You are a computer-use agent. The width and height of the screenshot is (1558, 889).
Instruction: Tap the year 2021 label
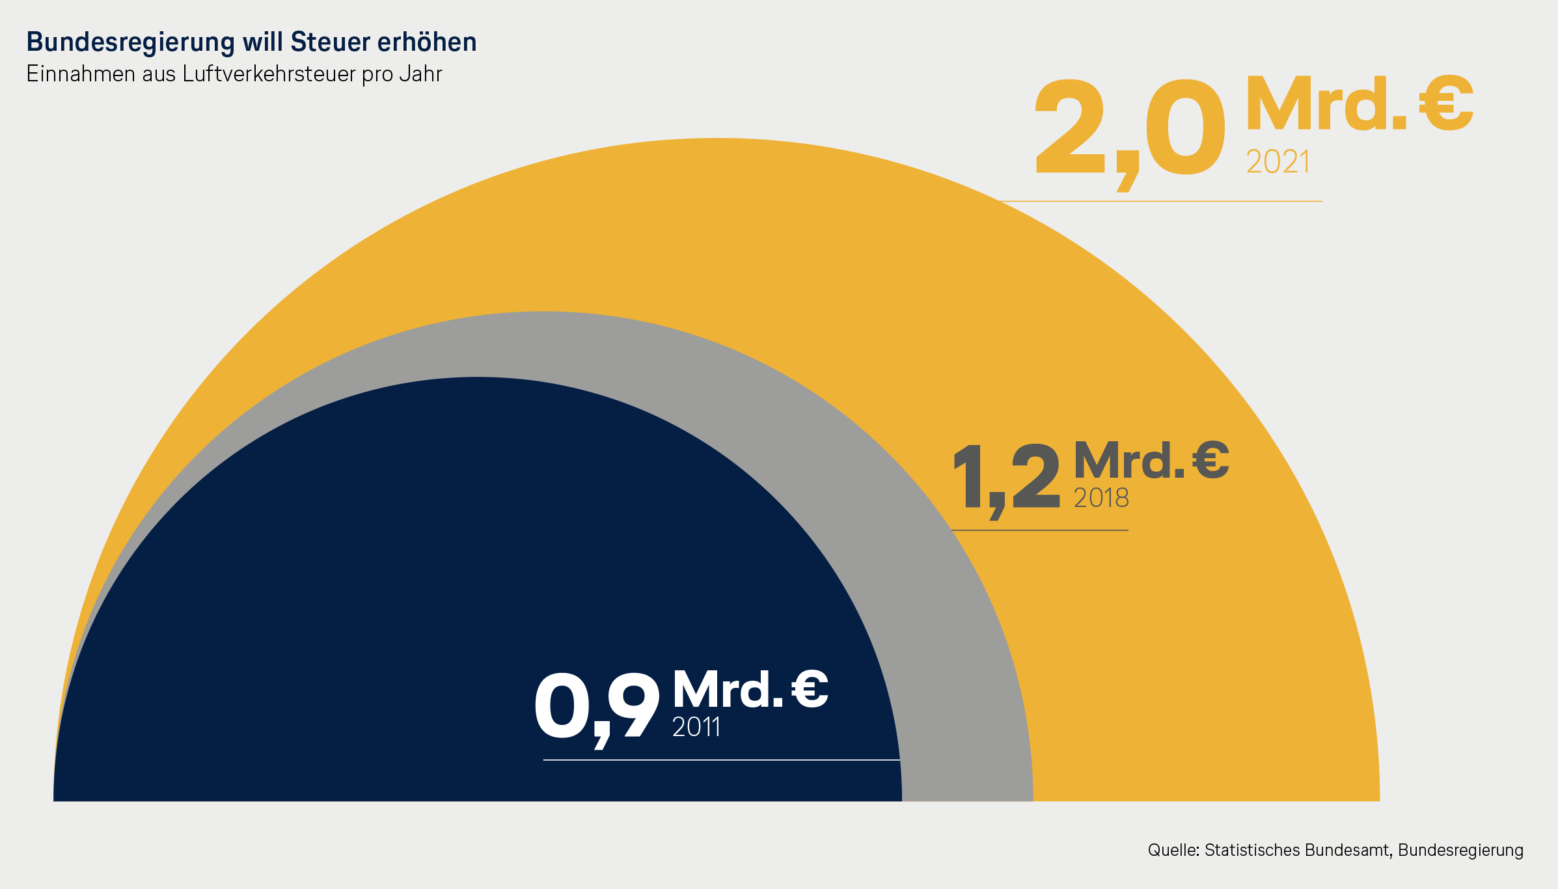tap(1278, 162)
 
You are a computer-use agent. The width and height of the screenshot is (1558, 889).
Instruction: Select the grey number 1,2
tap(1005, 478)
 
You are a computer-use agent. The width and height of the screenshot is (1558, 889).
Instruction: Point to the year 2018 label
tap(1101, 499)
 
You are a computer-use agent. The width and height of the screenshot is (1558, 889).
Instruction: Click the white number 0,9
tap(596, 707)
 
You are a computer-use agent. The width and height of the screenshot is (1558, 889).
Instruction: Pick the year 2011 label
tap(696, 727)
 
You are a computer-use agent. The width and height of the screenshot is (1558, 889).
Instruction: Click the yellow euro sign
tap(1446, 104)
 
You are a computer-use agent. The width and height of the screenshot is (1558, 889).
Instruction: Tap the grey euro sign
tap(1210, 460)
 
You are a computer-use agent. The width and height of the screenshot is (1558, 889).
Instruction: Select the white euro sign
tap(810, 689)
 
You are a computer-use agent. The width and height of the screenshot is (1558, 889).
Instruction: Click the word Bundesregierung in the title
tap(130, 42)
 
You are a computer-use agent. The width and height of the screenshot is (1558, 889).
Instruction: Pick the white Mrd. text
tap(728, 689)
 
